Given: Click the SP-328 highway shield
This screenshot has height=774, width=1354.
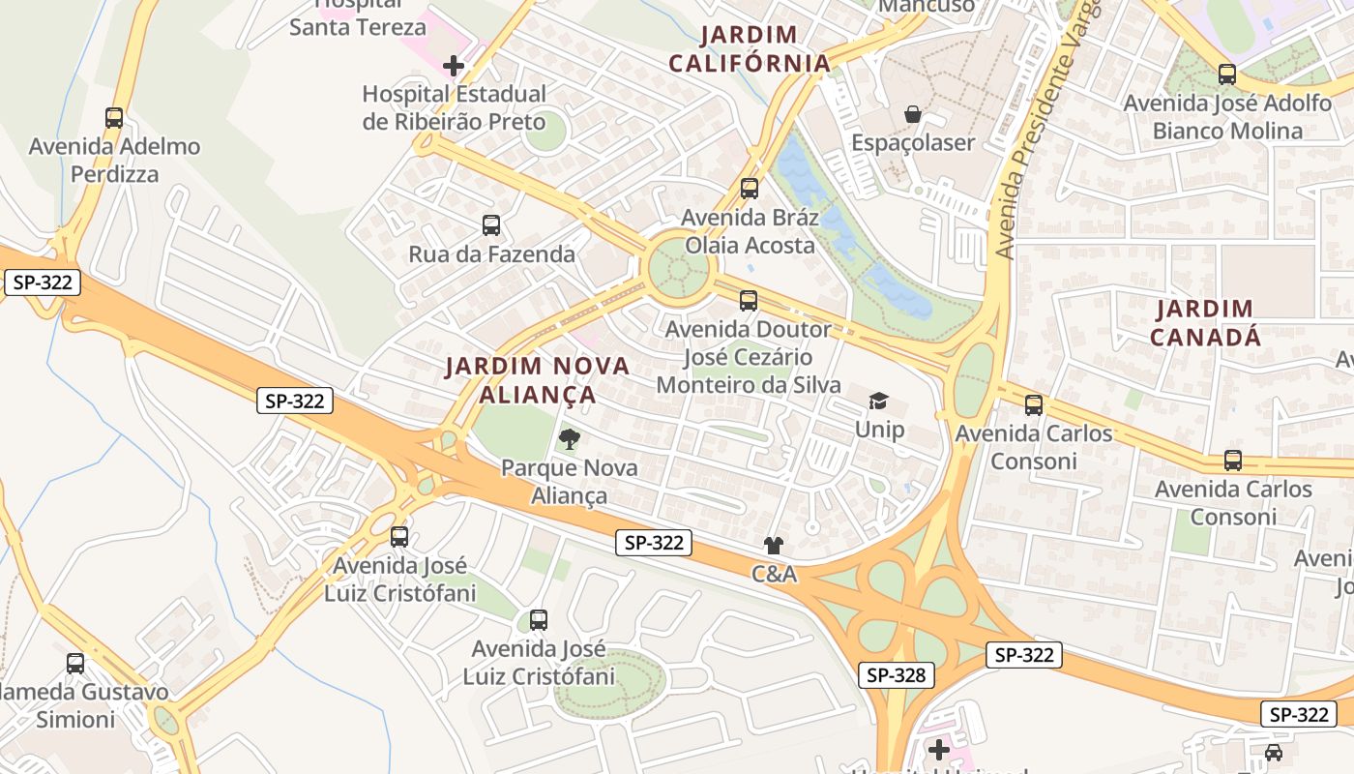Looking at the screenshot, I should (x=897, y=675).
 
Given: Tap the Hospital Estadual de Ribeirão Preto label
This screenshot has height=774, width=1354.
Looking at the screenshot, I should (x=454, y=107).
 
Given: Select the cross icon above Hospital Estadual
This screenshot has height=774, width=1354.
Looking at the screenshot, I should (x=454, y=66).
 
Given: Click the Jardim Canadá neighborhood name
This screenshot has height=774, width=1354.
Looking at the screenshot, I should (x=1204, y=323).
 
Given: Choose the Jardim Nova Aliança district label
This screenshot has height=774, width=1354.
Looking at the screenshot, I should (x=537, y=380).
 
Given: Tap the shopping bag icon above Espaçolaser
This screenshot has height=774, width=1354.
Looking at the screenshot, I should (x=912, y=115).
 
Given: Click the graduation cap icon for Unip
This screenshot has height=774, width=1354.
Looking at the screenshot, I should (x=878, y=401).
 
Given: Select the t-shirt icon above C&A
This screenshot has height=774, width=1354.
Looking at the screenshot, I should (x=773, y=546).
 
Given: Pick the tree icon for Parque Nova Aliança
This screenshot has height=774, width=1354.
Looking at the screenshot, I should (x=570, y=440).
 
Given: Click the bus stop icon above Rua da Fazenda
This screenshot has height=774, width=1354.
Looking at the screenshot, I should (x=491, y=225).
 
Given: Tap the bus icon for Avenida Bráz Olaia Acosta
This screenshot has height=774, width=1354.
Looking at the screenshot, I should (x=750, y=189).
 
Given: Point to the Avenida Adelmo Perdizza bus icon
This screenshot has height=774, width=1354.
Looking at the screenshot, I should (x=114, y=118).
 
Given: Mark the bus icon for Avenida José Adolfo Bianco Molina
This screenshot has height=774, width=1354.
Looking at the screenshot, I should (x=1227, y=74).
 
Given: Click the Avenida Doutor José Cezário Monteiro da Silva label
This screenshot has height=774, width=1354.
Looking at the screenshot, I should (x=747, y=357).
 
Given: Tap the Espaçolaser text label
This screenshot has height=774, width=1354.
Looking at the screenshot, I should (x=912, y=143).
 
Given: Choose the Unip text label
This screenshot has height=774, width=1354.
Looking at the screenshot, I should (x=879, y=429).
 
